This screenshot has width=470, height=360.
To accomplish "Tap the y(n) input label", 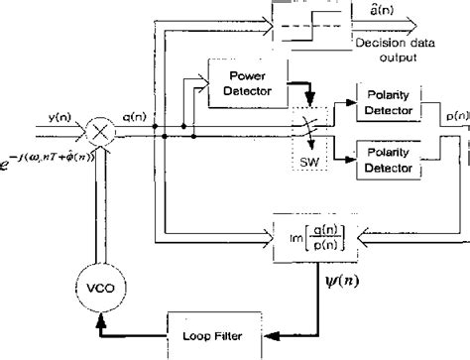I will point(57,115).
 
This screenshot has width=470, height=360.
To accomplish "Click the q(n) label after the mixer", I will point(133,115).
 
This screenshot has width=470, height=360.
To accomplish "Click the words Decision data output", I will point(390,51).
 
